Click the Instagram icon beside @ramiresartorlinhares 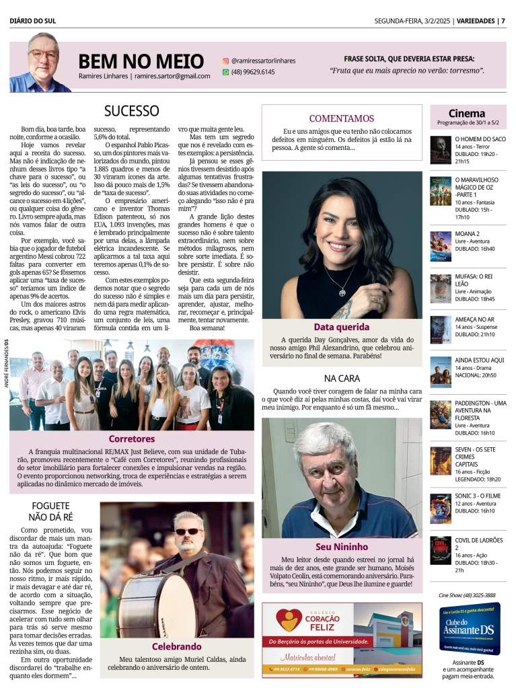(x=226, y=61)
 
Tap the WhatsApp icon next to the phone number (x=226, y=71)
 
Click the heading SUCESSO (x=131, y=111)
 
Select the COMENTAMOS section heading (x=341, y=118)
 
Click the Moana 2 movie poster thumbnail (x=441, y=245)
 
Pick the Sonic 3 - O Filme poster (x=441, y=508)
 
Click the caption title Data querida (x=341, y=327)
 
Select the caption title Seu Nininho (x=341, y=546)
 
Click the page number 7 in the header (x=503, y=20)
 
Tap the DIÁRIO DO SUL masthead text (x=33, y=20)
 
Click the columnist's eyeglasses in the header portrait (x=43, y=54)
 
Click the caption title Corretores (x=132, y=438)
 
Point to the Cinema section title (x=467, y=113)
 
